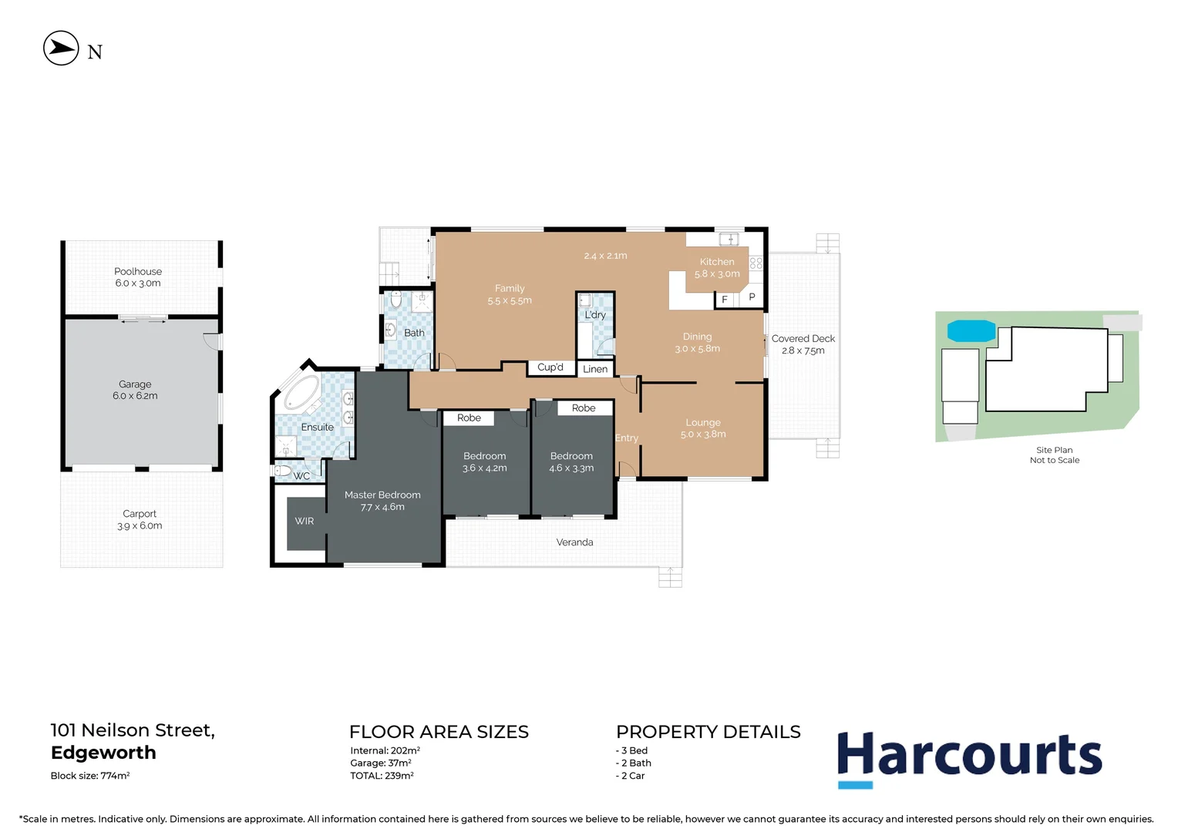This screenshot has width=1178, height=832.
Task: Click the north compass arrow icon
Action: click(x=61, y=49)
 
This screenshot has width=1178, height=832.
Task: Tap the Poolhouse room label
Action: click(x=138, y=277)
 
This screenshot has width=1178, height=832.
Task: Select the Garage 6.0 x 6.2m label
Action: click(x=135, y=390)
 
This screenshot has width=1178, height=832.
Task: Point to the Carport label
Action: click(x=140, y=519)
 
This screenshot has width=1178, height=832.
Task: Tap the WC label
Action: click(x=301, y=476)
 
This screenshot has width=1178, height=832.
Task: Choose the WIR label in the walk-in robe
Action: click(x=305, y=522)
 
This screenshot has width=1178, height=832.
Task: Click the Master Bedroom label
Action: click(x=382, y=501)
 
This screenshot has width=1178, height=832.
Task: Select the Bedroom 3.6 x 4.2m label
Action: click(x=485, y=462)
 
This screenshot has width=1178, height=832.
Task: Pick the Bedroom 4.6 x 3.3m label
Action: click(x=571, y=462)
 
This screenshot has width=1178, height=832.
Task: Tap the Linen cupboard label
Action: click(x=595, y=369)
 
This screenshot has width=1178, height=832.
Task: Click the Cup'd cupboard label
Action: click(x=550, y=367)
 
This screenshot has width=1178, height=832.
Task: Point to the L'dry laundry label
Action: click(x=595, y=315)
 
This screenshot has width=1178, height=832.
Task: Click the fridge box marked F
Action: click(x=725, y=300)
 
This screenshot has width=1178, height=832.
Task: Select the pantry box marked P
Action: click(x=752, y=297)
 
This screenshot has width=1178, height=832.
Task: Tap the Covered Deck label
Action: click(x=803, y=344)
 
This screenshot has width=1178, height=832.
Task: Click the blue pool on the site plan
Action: click(x=971, y=331)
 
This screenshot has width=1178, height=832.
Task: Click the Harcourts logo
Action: click(x=969, y=757)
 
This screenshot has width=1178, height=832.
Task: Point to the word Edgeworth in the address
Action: click(x=103, y=753)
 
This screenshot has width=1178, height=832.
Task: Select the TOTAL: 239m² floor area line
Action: click(x=382, y=776)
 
